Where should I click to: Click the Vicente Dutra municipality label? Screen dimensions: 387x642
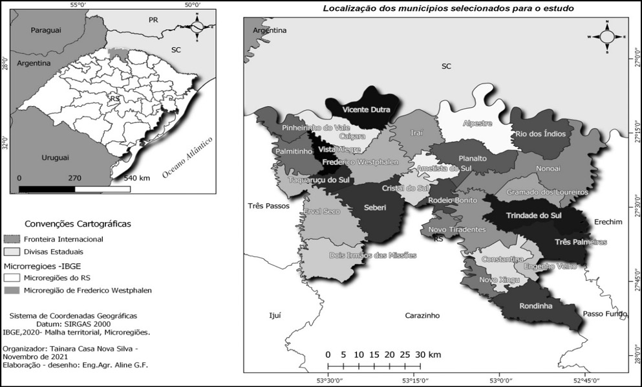[x=366, y=109]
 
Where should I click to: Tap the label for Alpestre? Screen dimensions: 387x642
[x=477, y=123]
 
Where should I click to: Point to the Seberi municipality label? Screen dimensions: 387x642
[x=375, y=207]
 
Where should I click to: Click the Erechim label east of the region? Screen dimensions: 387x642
[x=608, y=222]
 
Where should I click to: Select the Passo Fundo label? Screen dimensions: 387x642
[x=605, y=313]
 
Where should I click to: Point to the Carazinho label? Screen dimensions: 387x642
[x=422, y=315]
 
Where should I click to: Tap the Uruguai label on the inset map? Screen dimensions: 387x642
[x=36, y=158]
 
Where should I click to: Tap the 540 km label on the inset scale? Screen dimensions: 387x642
[x=136, y=177]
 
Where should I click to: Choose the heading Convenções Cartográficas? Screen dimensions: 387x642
[x=78, y=224]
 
